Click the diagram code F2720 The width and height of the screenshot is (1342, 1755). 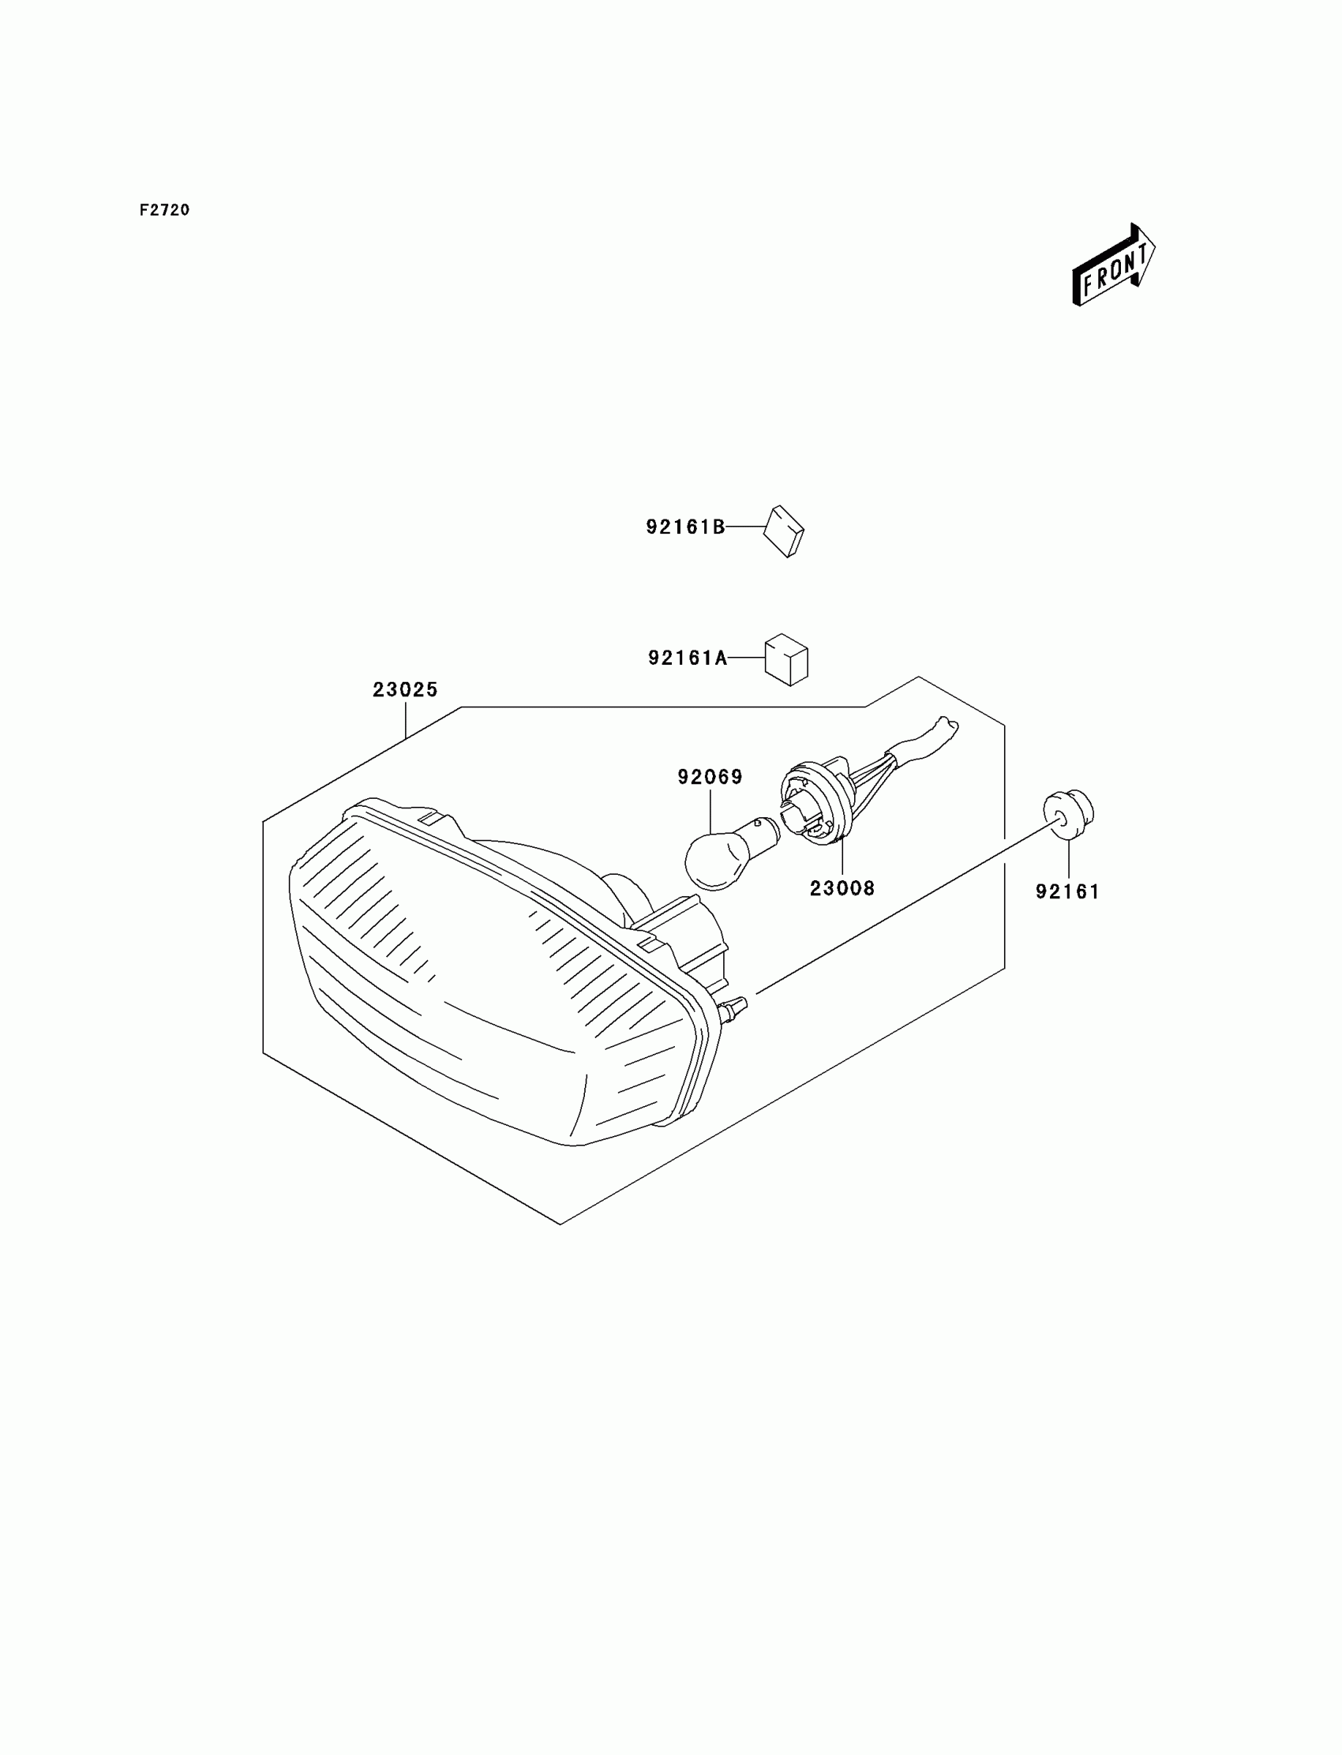click(x=164, y=210)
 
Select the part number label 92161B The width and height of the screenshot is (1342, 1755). click(x=685, y=527)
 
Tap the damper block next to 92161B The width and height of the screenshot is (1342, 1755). click(x=784, y=531)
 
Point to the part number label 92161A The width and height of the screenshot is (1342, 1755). click(x=687, y=658)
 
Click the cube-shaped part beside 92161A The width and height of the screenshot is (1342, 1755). click(x=787, y=660)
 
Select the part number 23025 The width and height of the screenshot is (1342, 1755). click(x=405, y=689)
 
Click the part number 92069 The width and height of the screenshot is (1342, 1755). click(x=710, y=777)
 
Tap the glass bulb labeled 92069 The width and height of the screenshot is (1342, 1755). click(x=716, y=862)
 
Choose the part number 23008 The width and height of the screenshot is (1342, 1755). click(x=842, y=887)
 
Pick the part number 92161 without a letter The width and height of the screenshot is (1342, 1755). click(x=1067, y=891)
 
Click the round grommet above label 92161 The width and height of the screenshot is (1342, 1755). click(x=1068, y=814)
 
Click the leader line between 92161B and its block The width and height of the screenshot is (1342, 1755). click(x=744, y=527)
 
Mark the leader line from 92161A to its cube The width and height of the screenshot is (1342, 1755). click(x=746, y=658)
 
